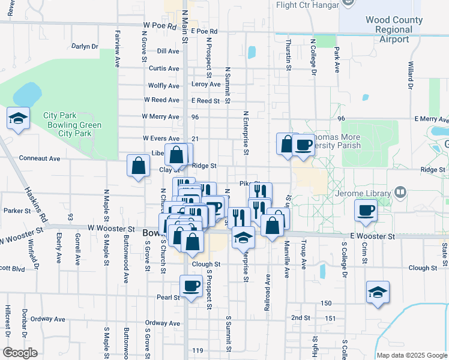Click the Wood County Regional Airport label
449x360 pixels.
coord(394,29)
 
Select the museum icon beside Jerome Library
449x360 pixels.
coord(400,193)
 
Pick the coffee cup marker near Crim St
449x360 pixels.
coord(366,210)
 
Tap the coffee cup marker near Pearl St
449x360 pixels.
coord(191,286)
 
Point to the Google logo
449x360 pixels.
coord(20,353)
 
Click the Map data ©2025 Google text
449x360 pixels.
coord(411,355)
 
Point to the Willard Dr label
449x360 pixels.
coord(411,74)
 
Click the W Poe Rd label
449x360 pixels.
coord(159,26)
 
